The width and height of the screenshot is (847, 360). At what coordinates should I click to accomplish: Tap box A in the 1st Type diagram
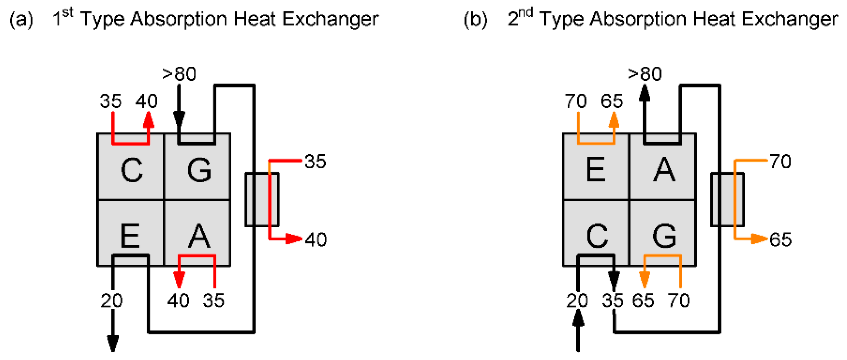coord(199,235)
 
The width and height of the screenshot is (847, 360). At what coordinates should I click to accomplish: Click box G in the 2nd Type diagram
coord(664,235)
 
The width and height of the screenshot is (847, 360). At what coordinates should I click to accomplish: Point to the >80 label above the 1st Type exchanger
coord(179,74)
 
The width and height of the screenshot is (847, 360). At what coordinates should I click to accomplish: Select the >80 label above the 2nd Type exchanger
coord(645,74)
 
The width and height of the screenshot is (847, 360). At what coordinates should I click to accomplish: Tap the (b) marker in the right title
coord(475,19)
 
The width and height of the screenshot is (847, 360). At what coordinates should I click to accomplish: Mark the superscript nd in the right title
coord(526,13)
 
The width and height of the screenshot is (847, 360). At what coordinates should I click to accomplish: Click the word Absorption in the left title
coord(179,19)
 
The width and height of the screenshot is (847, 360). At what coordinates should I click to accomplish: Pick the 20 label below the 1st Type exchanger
coord(111,301)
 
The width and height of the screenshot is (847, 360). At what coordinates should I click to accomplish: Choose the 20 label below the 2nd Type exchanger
coord(577,301)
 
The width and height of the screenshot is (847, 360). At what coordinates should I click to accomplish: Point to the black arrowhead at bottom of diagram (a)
coord(113,343)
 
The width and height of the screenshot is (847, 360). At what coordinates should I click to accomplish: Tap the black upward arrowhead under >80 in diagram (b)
coord(644,93)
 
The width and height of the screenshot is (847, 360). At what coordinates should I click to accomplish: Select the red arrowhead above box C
coord(148,120)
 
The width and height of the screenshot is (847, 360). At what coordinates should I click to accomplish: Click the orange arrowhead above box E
coord(614,120)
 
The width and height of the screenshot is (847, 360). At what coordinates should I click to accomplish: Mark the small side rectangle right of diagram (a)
coord(262,199)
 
